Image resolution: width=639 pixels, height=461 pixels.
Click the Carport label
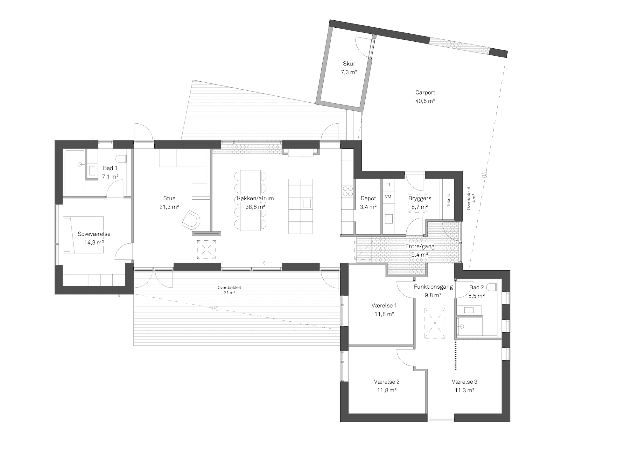(x=425, y=93)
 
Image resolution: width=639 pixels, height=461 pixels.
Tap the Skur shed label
(x=349, y=64)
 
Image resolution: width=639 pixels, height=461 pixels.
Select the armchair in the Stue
(x=191, y=219)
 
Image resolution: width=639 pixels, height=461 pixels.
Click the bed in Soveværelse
(x=83, y=235)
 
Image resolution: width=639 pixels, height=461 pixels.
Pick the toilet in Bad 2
(x=492, y=287)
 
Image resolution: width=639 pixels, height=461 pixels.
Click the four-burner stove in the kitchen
(x=348, y=191)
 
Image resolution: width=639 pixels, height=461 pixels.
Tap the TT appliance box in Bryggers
(x=388, y=185)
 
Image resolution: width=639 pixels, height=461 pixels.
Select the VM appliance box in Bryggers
(x=388, y=197)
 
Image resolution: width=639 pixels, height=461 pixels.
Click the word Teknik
(x=449, y=200)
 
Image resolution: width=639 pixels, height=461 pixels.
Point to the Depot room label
(x=368, y=198)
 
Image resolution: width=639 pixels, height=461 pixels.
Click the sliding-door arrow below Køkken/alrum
(x=268, y=263)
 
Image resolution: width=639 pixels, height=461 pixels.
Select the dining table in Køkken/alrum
(x=250, y=200)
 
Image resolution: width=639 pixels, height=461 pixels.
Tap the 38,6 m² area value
(x=255, y=207)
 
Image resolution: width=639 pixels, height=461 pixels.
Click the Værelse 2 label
(x=387, y=382)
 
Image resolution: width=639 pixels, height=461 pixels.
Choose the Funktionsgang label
(x=433, y=287)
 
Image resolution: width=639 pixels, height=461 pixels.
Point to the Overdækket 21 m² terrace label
(x=229, y=290)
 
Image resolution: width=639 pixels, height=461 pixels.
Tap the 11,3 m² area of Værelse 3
(x=465, y=390)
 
